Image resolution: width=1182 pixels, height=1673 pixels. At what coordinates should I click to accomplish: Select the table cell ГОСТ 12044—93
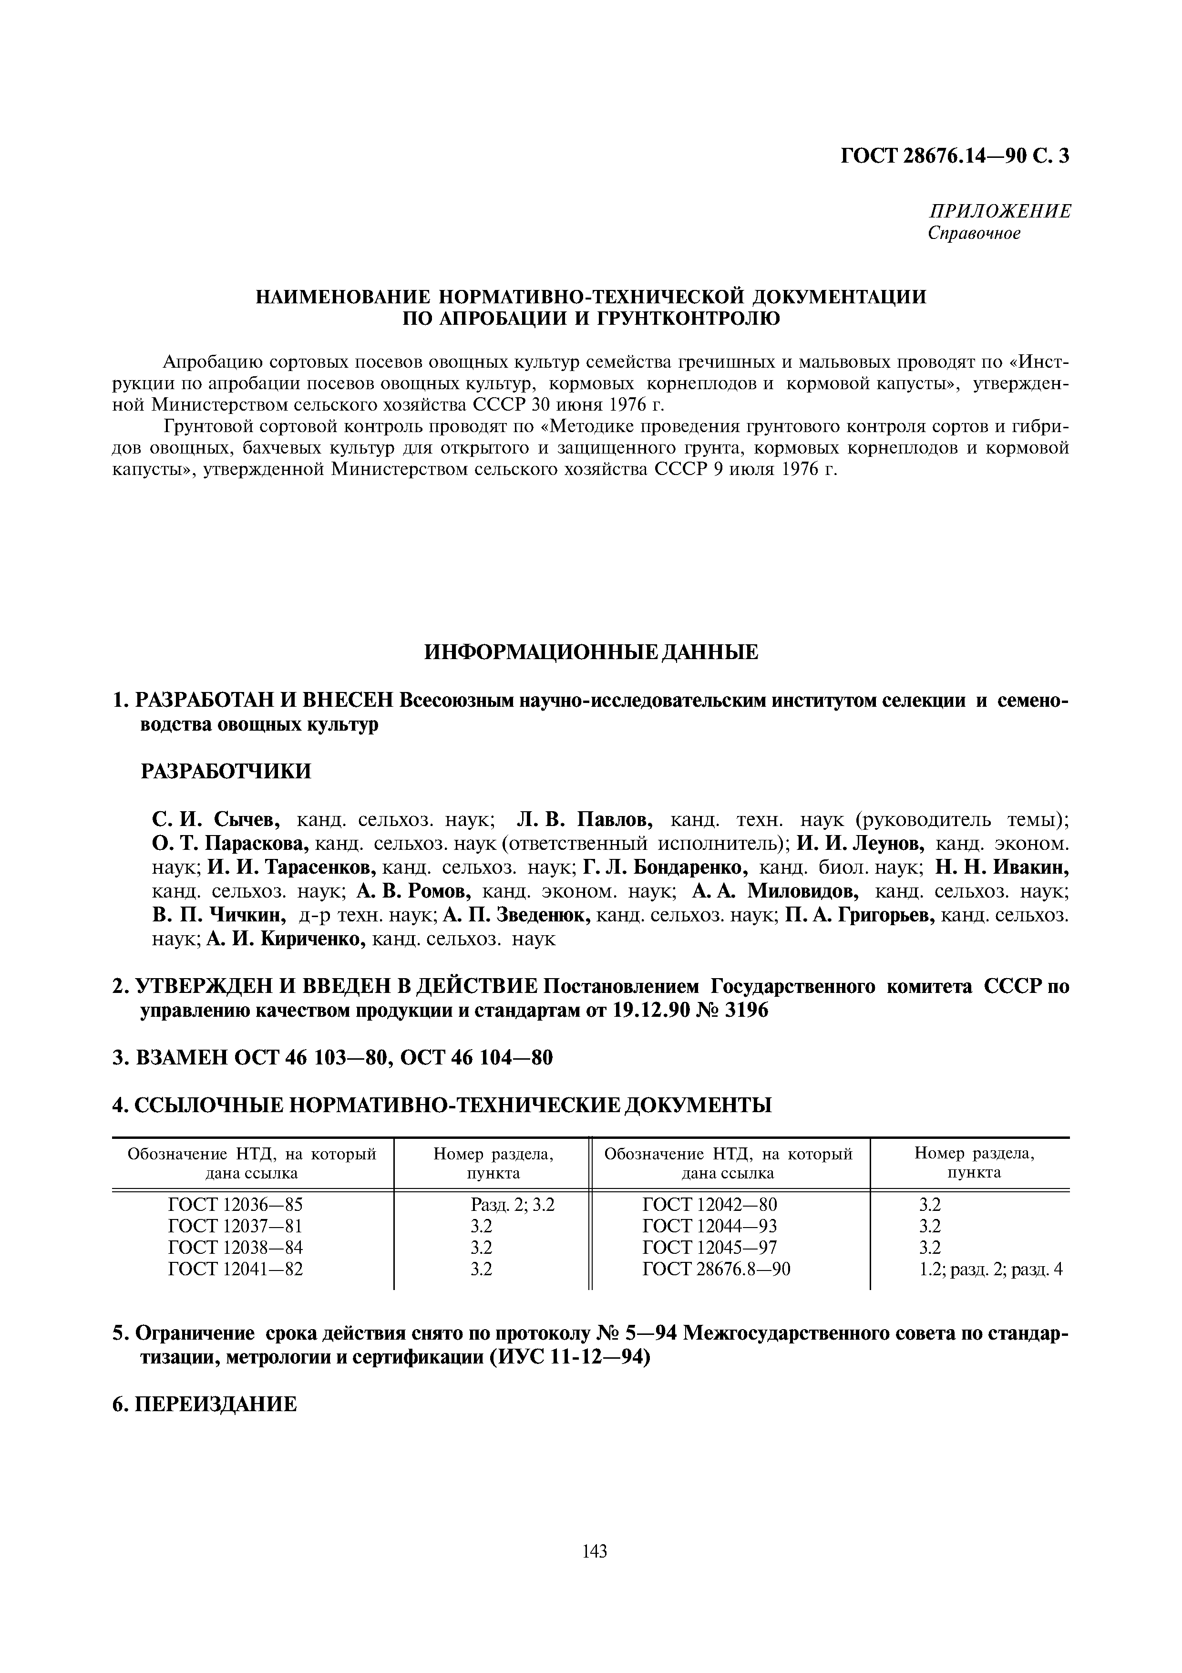[709, 1226]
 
